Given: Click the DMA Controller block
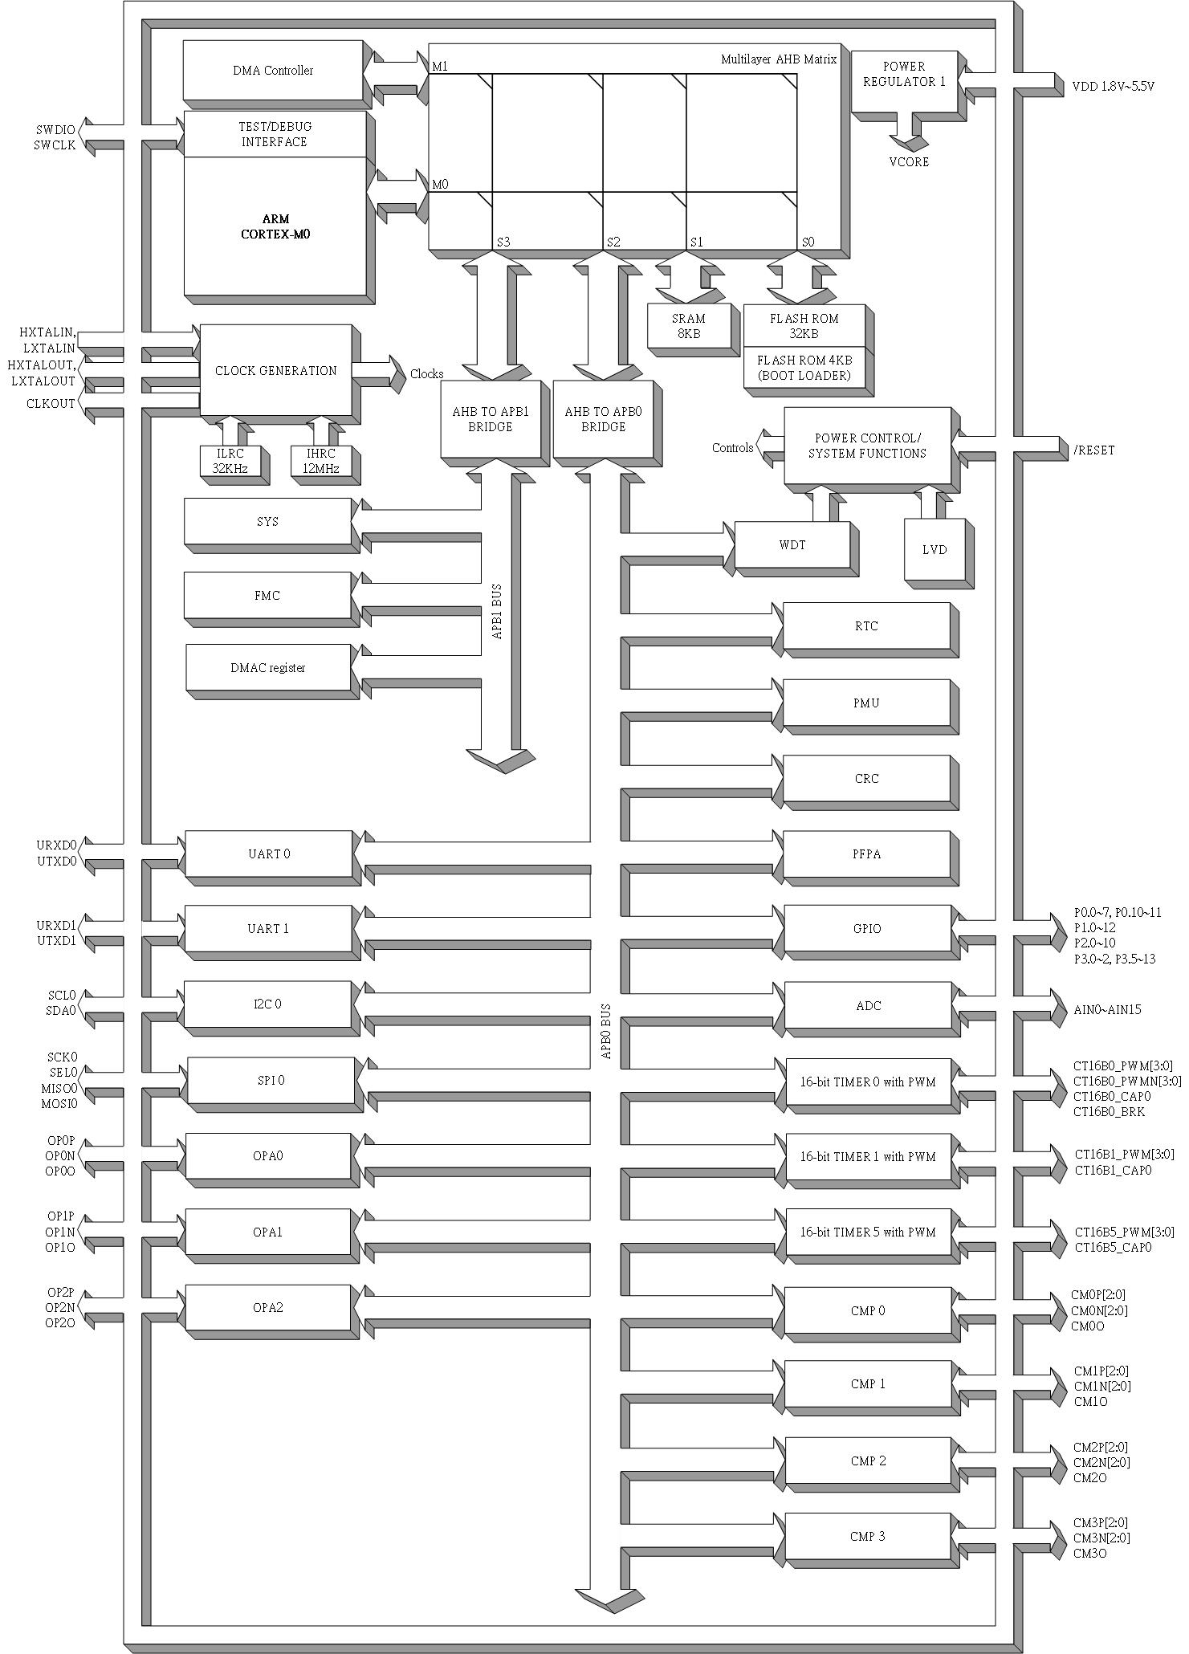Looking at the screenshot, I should tap(272, 71).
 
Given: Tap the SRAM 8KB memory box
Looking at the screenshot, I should tap(688, 325).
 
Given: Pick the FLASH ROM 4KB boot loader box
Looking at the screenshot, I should tap(804, 369).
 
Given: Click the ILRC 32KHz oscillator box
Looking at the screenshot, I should tap(230, 462).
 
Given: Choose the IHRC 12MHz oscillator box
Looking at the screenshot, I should tap(321, 462).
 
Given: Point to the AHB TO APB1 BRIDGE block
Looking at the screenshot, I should tap(490, 419).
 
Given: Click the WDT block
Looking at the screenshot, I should tap(792, 545).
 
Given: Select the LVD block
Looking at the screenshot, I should tap(935, 550).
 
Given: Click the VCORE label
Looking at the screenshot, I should tap(909, 162).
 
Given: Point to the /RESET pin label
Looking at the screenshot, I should tap(1093, 450).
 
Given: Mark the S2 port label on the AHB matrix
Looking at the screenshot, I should tap(613, 242).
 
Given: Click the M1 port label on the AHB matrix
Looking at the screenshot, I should tap(440, 67).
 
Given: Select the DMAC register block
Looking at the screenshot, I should tap(267, 667).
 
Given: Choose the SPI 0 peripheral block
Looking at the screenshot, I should tap(271, 1080).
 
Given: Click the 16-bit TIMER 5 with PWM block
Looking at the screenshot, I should tap(867, 1232).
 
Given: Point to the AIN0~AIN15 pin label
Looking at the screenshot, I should tap(1107, 1009).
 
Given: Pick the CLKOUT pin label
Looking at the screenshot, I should tap(51, 404).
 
